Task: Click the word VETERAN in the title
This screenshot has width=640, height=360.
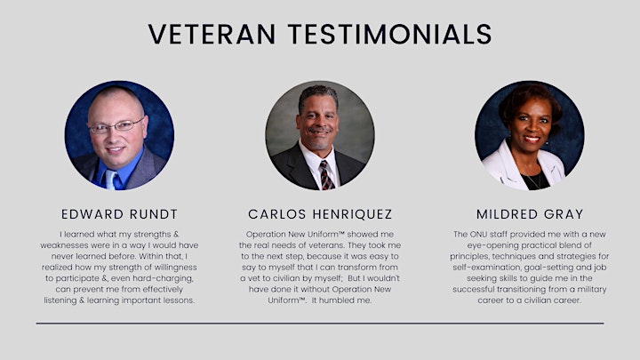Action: (212, 34)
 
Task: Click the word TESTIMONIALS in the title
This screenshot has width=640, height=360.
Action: (390, 34)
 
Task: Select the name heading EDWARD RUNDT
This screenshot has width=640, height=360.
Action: (120, 214)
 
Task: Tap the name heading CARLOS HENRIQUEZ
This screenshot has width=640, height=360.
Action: (320, 214)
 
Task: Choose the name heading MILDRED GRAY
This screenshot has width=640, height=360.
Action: (530, 214)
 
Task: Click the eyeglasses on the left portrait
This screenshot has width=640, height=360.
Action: (116, 125)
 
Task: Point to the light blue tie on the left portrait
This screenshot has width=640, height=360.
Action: (110, 180)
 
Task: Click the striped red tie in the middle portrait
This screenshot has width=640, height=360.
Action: (325, 175)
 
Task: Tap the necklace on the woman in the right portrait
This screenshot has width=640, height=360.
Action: (535, 180)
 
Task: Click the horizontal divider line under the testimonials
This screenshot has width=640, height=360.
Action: (320, 324)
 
